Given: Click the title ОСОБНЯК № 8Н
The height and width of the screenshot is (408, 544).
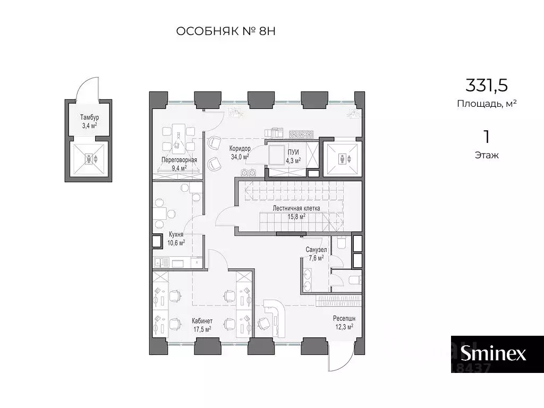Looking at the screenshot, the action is (226, 31).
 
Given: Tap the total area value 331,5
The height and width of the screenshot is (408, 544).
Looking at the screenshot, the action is (487, 86).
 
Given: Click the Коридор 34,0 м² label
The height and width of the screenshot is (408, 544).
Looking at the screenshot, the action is (240, 152).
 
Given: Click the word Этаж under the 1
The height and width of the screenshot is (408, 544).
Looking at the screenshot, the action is (487, 155).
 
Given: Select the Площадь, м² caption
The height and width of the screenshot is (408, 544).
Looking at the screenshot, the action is (487, 104).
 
